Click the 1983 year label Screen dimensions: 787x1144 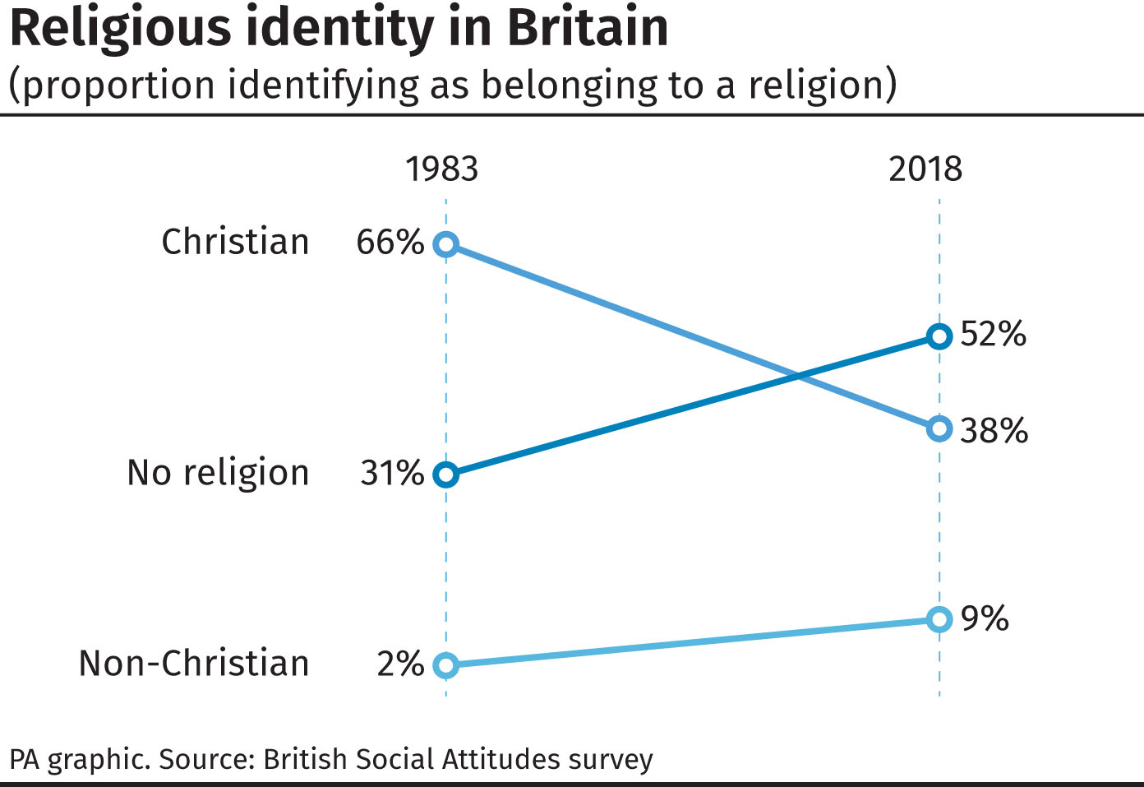(441, 169)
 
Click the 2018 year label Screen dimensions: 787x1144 (925, 169)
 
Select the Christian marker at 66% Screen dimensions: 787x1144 (445, 244)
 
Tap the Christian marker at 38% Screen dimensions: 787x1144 (939, 428)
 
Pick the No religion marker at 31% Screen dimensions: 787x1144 (445, 475)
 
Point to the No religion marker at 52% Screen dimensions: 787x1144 (939, 336)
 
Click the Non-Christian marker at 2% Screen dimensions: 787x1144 (445, 664)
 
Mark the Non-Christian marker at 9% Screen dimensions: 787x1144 (939, 619)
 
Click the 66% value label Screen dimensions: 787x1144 (390, 243)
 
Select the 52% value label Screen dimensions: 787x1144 (993, 334)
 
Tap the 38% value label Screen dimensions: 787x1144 (994, 430)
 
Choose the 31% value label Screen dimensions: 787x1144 (392, 474)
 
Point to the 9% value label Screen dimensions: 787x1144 (985, 618)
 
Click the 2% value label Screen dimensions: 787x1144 (400, 664)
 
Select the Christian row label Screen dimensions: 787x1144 (235, 243)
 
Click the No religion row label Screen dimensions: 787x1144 (218, 474)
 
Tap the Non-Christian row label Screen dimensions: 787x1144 (194, 664)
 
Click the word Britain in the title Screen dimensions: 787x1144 (588, 28)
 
